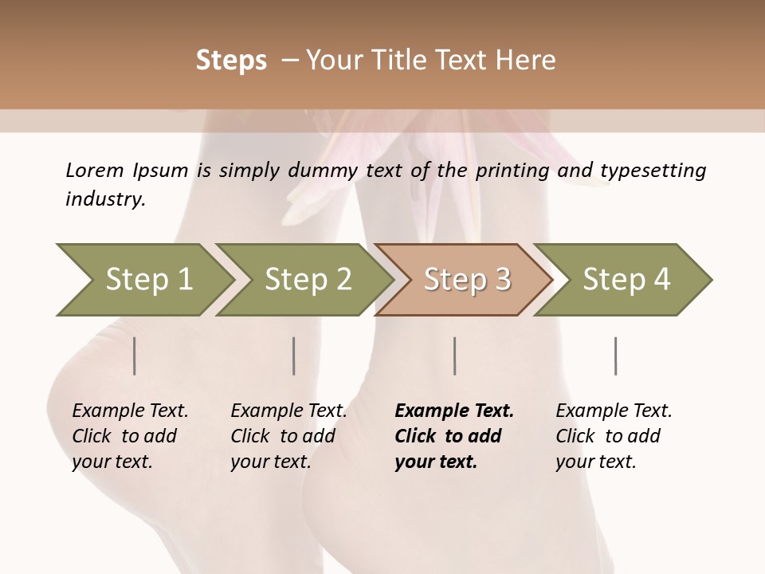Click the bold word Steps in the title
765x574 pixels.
(x=231, y=61)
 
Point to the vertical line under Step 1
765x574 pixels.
(x=135, y=356)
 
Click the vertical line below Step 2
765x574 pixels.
(x=294, y=356)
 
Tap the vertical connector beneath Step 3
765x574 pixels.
(x=455, y=356)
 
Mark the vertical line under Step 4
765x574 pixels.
(x=616, y=356)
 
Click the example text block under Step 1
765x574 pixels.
(x=130, y=436)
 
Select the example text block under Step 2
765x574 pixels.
(x=288, y=436)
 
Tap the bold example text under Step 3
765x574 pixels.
(x=454, y=436)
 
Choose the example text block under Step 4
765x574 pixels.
(x=614, y=436)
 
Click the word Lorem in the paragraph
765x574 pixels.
(x=95, y=170)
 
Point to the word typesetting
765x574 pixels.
(x=653, y=171)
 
